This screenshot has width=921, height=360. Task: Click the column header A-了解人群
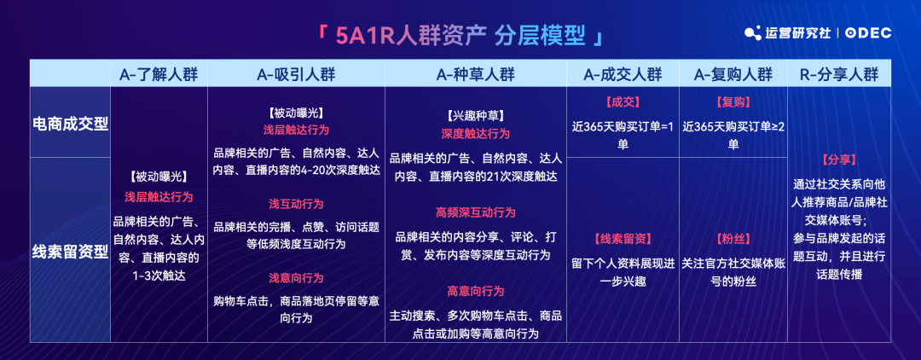pos(159,74)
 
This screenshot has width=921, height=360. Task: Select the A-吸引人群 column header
pos(296,74)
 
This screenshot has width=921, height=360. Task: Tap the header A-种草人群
pos(476,74)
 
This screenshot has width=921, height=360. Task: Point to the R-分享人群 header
pos(839,74)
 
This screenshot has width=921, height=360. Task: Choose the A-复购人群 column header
pos(733,74)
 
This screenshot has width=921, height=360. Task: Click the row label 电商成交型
pos(70,125)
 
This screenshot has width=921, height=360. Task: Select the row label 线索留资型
pos(70,252)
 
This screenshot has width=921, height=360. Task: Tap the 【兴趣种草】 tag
pos(476,116)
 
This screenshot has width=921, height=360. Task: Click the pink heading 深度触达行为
pos(476,133)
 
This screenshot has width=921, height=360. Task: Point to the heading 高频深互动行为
pos(476,212)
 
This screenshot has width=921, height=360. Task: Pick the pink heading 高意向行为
pos(476,291)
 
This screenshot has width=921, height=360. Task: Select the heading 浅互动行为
pos(296,204)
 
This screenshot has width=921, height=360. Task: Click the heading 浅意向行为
pos(296,278)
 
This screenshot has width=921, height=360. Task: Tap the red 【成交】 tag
pos(623,102)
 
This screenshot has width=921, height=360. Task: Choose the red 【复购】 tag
pos(733,102)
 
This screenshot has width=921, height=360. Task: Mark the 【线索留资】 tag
pos(623,238)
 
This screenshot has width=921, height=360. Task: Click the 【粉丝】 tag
pos(733,238)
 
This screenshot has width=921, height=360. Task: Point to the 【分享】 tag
pos(839,160)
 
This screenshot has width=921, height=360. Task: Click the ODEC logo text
pos(869,33)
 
